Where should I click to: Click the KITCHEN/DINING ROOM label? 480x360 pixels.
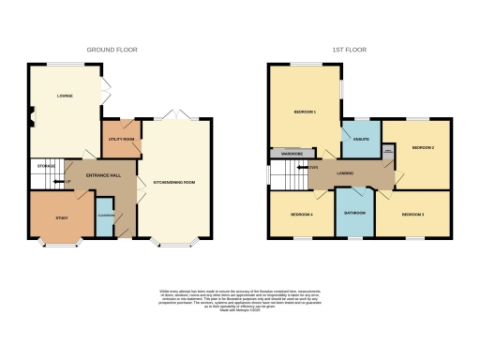(174, 181)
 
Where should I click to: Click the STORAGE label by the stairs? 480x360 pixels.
(45, 166)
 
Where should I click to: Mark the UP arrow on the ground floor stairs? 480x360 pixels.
(67, 181)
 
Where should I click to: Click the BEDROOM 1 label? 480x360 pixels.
(305, 112)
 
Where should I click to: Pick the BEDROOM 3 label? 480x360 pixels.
(412, 215)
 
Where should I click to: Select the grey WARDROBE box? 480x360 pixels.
(286, 152)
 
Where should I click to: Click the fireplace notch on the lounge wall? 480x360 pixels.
(31, 118)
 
